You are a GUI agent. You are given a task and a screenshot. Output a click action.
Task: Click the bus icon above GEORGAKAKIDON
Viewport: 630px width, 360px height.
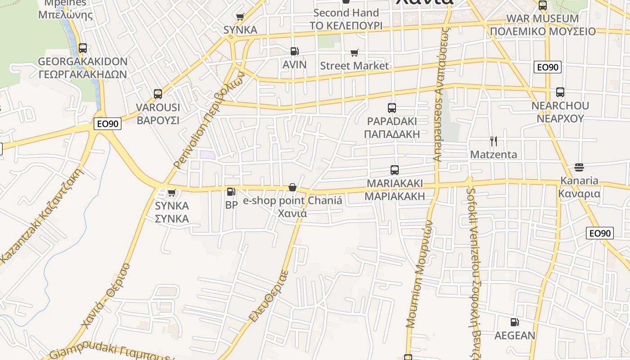click(x=82, y=48)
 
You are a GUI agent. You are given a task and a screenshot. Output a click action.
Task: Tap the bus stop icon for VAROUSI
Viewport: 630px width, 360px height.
click(x=157, y=94)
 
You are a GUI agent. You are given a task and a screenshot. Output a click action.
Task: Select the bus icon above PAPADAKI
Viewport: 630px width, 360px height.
click(x=391, y=108)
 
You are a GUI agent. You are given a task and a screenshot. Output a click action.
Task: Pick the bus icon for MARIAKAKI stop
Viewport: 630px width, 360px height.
click(x=394, y=170)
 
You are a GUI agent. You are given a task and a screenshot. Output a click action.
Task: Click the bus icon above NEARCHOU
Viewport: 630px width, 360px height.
click(x=560, y=92)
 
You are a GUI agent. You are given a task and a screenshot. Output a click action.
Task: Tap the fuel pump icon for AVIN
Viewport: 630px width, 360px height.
click(x=294, y=51)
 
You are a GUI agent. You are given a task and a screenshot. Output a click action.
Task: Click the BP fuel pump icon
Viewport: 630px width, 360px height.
click(x=231, y=192)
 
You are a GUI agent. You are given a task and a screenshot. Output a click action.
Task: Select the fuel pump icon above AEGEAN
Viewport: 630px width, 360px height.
click(x=514, y=322)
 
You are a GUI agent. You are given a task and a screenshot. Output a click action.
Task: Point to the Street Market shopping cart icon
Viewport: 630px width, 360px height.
click(x=354, y=53)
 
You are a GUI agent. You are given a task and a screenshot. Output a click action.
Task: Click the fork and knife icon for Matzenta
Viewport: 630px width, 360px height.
click(x=493, y=141)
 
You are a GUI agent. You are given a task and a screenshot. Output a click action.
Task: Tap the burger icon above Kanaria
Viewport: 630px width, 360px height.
click(x=579, y=167)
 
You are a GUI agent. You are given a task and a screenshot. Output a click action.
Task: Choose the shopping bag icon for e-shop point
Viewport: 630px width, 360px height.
click(x=292, y=187)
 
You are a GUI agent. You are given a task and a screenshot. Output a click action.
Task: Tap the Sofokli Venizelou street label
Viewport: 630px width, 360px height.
click(x=472, y=270)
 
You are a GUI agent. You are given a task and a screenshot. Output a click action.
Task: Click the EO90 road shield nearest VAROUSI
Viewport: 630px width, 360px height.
click(x=108, y=124)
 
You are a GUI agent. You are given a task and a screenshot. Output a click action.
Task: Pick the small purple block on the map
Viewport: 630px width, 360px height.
click(x=207, y=154)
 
